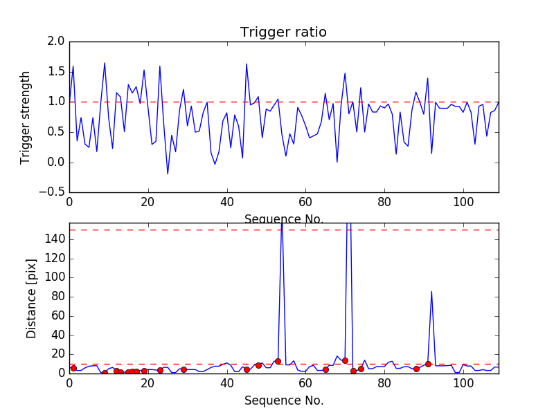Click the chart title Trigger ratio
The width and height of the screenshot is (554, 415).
[283, 33]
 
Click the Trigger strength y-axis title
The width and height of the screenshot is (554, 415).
[26, 117]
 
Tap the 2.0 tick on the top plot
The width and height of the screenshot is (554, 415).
[57, 41]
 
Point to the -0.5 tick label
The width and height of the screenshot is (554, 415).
[53, 192]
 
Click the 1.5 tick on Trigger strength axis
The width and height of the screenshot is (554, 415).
[57, 72]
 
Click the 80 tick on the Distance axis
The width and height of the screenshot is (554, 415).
[57, 297]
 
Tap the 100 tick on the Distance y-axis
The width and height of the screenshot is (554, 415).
[54, 277]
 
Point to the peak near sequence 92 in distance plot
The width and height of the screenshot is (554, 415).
[431, 292]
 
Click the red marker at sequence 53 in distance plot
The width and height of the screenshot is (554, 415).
[278, 361]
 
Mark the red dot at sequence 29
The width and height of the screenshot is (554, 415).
[184, 369]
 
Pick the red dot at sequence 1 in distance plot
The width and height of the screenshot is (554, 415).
[73, 368]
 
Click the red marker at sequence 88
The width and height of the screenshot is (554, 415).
[416, 369]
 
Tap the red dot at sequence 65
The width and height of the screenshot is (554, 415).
[325, 369]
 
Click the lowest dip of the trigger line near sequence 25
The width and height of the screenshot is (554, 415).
[168, 174]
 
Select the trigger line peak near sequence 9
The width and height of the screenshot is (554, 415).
[105, 63]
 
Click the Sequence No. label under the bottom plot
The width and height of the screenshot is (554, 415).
[283, 400]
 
